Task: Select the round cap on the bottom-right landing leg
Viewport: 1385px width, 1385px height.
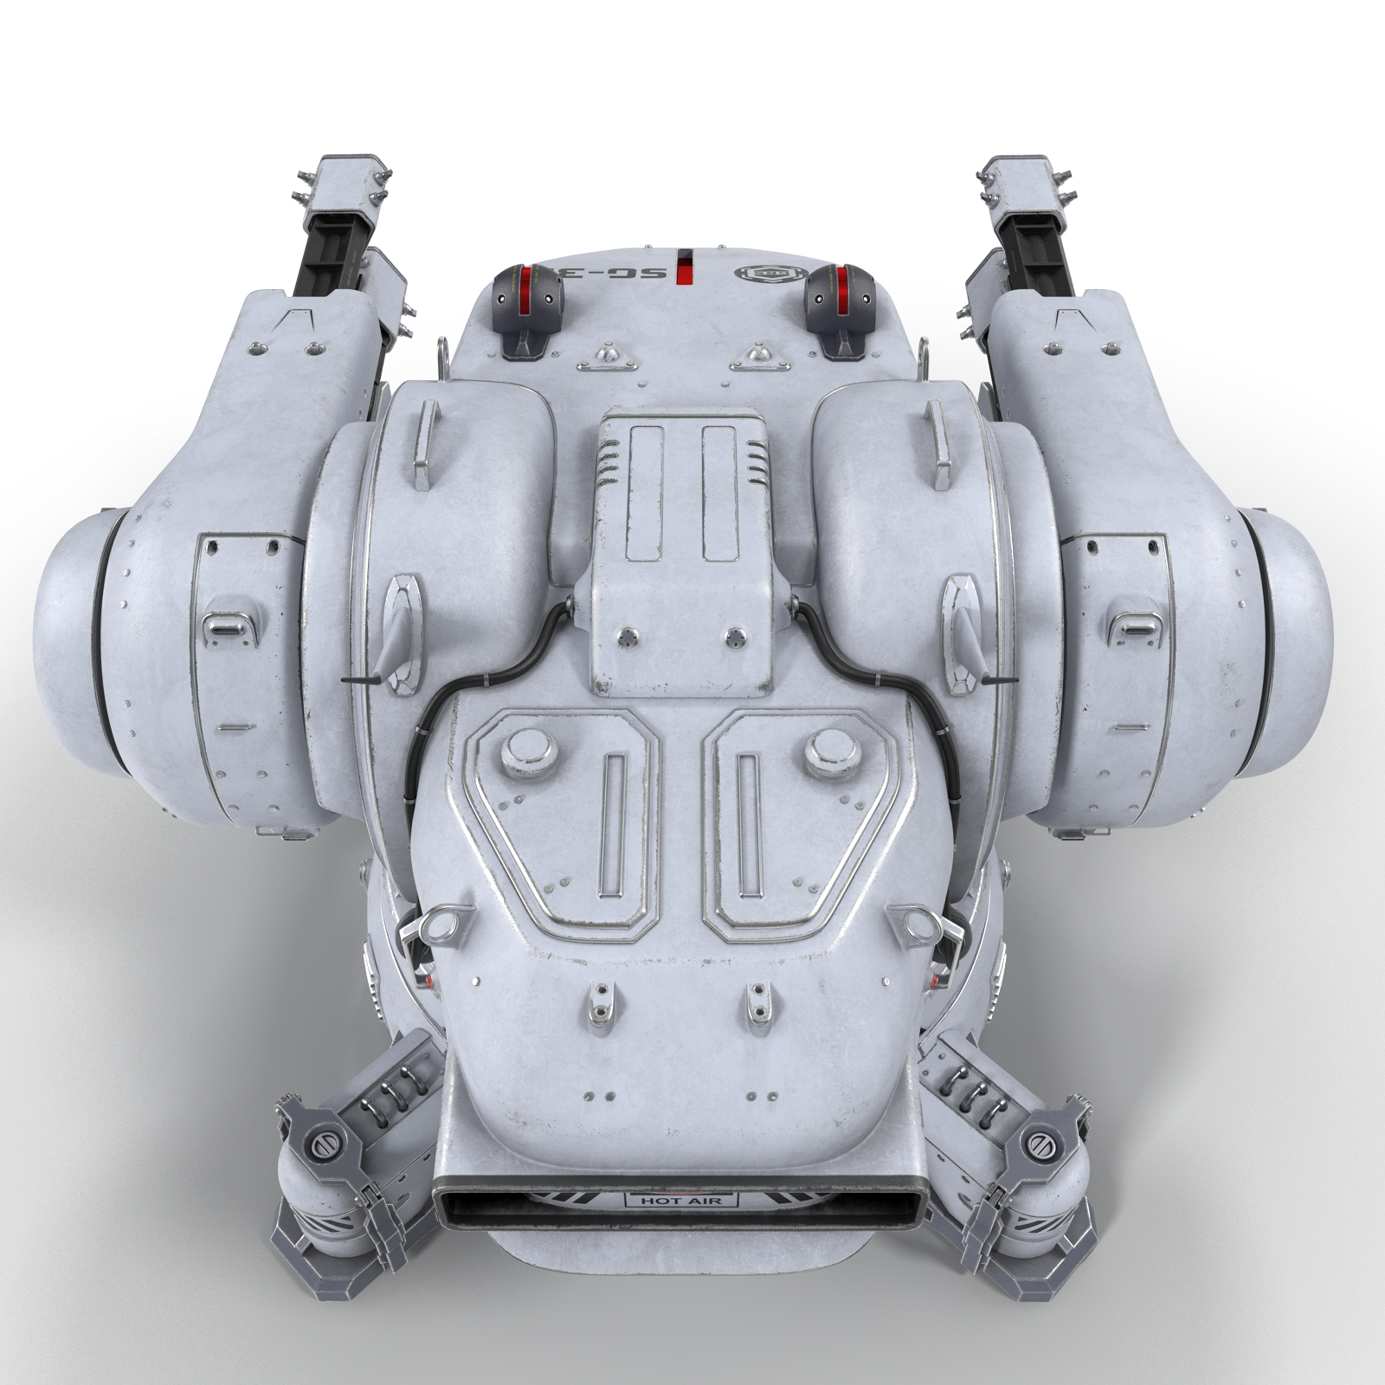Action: pyautogui.click(x=1040, y=1143)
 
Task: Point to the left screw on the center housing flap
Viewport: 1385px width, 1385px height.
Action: pyautogui.click(x=625, y=638)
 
